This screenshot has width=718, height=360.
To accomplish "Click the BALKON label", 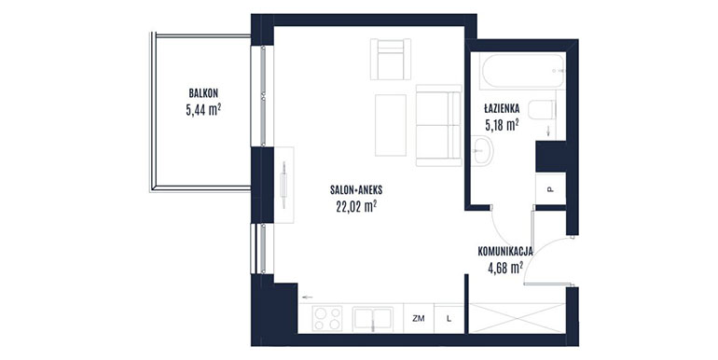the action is point(203,93).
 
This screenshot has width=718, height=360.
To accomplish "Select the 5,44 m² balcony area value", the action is point(203,110).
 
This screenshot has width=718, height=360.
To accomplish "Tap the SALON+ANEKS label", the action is point(356,189).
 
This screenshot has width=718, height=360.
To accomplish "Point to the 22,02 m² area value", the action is point(356,207).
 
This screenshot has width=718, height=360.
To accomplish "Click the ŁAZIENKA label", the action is point(502,108).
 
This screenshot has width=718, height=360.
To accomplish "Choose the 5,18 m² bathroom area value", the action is point(502,125).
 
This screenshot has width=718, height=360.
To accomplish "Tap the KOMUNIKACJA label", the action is point(505,251).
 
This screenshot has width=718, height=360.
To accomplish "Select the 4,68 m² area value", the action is point(505,268).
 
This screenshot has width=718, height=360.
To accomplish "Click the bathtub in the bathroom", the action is point(522,71).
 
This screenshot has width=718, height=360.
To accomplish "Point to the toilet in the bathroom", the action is point(542,110).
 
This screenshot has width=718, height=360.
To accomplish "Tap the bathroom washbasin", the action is point(482,150).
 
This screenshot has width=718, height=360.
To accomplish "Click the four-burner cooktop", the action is point(327,318).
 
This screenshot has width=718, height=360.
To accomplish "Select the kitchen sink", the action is point(373,318).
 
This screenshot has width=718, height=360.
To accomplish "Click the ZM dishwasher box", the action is point(419,319).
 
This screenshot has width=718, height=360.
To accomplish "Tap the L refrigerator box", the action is point(449,319).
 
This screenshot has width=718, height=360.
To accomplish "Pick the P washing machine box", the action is point(551,188).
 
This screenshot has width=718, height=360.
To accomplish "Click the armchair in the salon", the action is point(391,59).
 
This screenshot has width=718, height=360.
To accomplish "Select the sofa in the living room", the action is point(438,125).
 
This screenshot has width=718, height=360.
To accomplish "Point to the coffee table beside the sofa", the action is point(391,125).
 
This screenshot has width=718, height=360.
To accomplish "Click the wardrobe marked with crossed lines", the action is point(518,318).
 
